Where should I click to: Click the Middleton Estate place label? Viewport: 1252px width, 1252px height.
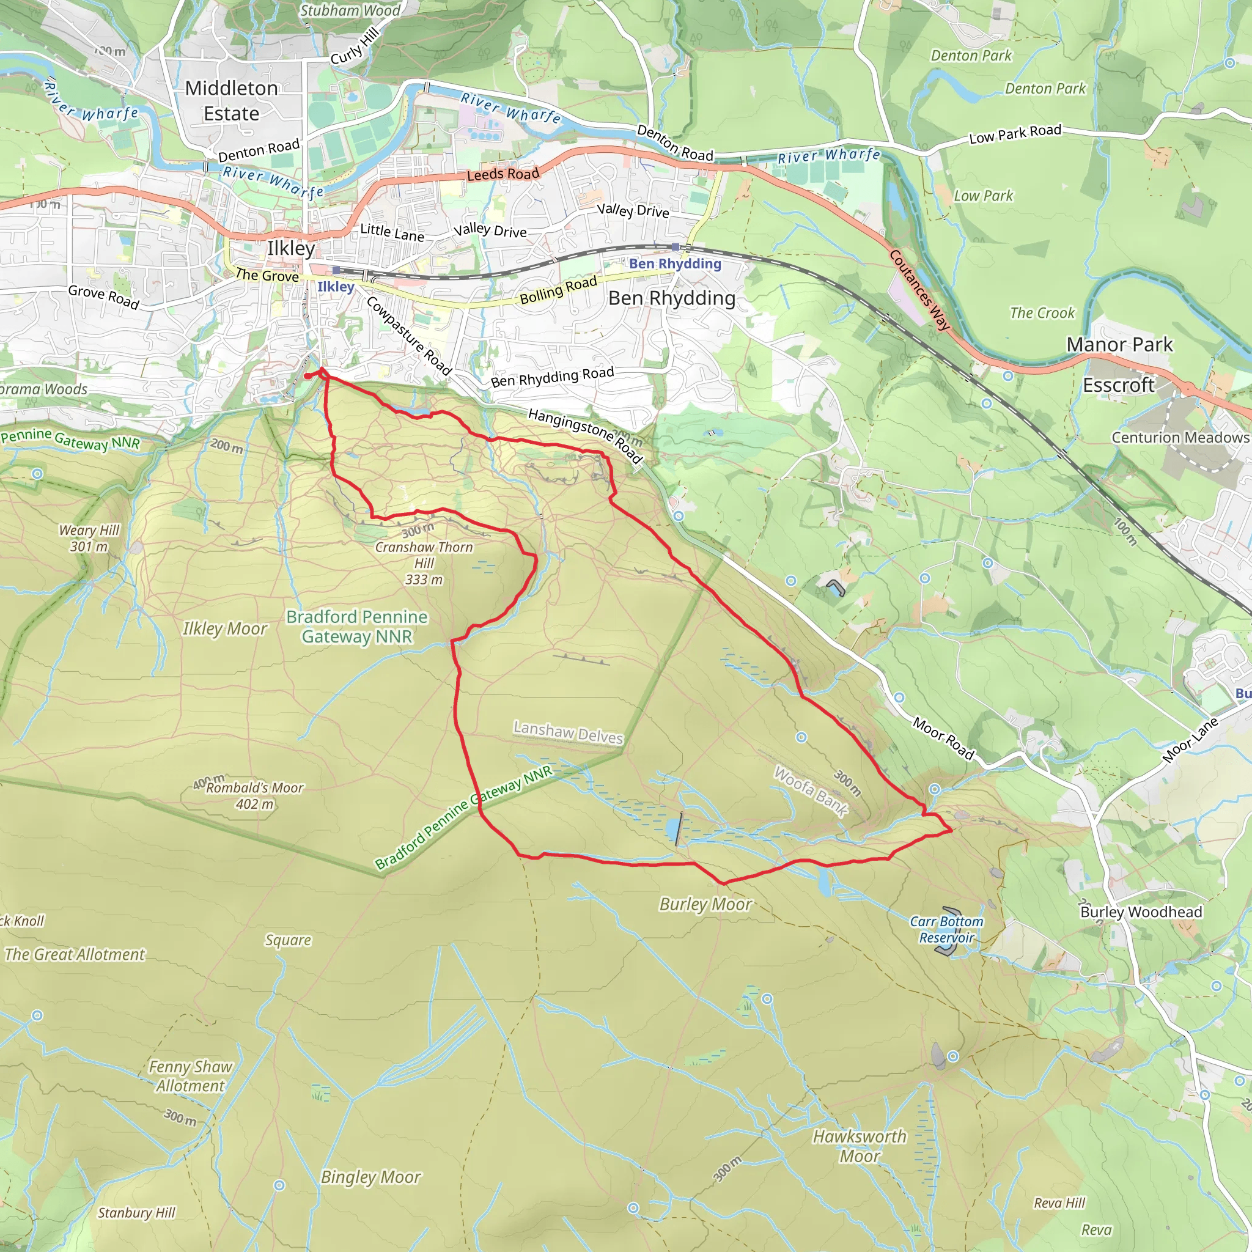(231, 100)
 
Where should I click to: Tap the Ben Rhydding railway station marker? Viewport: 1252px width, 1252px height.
(676, 247)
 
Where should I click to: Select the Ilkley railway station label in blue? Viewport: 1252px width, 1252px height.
(336, 287)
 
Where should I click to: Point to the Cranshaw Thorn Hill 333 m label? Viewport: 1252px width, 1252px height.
(424, 563)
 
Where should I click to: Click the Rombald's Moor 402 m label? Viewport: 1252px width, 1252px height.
(254, 796)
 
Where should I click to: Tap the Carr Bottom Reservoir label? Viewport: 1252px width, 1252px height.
(946, 929)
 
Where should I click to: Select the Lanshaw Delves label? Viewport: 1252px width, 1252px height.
(569, 732)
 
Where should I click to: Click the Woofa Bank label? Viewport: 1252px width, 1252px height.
(811, 791)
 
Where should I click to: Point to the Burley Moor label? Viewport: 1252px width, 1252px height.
(705, 904)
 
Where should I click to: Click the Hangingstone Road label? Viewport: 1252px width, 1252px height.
(584, 436)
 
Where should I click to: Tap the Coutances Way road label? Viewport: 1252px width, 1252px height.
(919, 290)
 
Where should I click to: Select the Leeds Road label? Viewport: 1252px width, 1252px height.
(503, 174)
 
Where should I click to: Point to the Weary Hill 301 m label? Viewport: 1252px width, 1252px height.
(89, 538)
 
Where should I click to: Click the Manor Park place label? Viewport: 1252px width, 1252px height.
(1119, 344)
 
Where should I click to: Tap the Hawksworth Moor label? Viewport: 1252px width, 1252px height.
(860, 1146)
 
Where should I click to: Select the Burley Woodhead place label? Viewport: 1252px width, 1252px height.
(1141, 911)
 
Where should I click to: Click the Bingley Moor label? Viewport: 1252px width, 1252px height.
(370, 1177)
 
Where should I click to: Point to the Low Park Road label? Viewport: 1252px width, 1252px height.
(1015, 133)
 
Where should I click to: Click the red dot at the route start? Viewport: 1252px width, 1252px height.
(307, 376)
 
